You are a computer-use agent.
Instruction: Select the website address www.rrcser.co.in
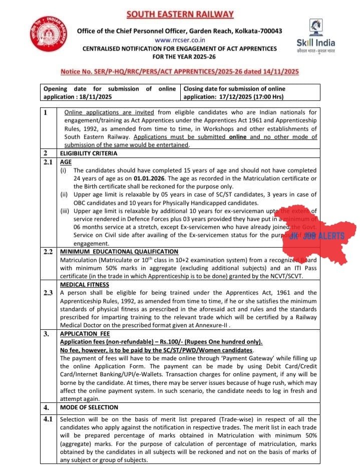(x=180, y=40)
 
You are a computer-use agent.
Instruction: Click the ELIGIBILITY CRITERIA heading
(x=88, y=153)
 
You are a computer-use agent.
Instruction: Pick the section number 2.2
(x=49, y=251)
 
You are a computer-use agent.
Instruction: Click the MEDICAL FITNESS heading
(x=84, y=285)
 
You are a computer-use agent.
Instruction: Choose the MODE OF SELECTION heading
(x=89, y=407)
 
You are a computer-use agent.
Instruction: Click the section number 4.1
(x=49, y=419)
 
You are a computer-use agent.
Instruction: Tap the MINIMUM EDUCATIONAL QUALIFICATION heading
(x=119, y=251)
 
